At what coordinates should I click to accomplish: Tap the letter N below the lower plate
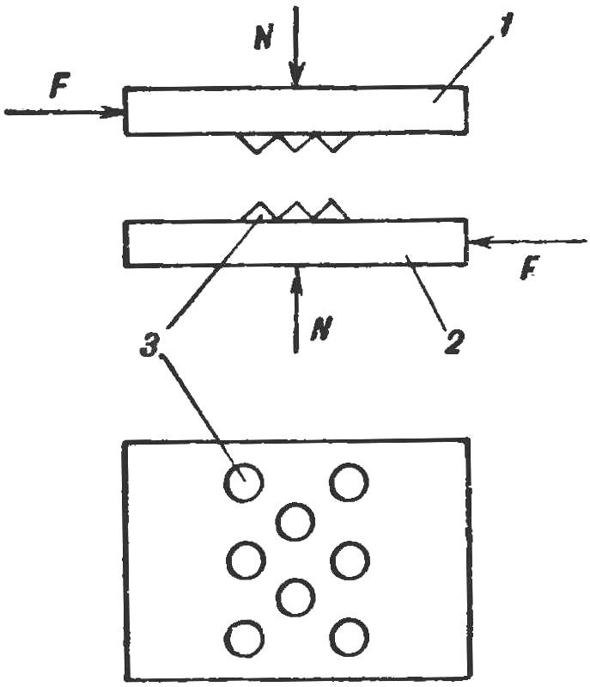[321, 328]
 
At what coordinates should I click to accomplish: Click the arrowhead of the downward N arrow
[296, 76]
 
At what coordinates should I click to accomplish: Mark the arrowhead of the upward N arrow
[296, 279]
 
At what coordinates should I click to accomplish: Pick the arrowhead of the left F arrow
[112, 112]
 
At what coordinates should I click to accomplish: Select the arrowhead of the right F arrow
[480, 241]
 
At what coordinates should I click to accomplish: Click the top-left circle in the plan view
[244, 482]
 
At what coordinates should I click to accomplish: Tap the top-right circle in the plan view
[349, 482]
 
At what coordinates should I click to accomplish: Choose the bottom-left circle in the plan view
[244, 637]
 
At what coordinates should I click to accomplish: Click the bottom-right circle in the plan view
[350, 637]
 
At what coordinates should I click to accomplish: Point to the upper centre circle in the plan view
[295, 521]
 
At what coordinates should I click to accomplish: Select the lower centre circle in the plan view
[296, 598]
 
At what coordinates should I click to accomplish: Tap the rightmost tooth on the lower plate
[331, 210]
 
